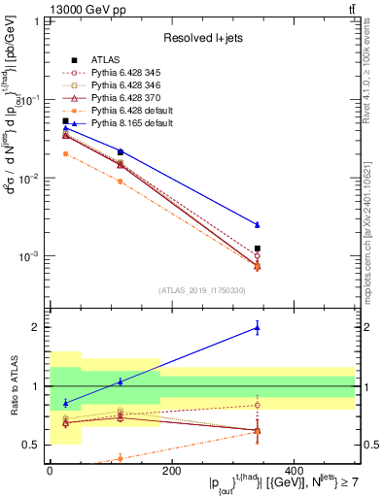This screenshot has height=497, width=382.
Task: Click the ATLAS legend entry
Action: [102, 61]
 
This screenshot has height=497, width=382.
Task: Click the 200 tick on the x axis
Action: [171, 471]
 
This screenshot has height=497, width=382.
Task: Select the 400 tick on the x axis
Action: [294, 471]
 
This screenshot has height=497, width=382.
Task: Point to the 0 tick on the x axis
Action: [50, 471]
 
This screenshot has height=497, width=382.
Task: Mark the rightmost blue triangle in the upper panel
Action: [258, 225]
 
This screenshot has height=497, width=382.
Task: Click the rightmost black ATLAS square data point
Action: [258, 249]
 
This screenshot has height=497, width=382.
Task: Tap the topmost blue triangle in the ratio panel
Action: [258, 328]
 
